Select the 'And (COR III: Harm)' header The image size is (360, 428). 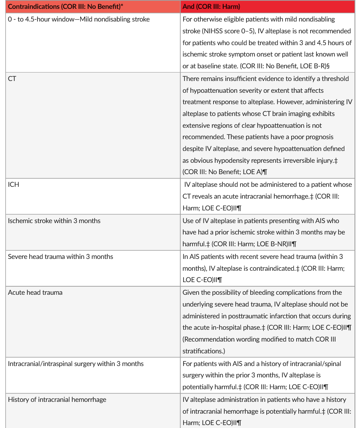211,7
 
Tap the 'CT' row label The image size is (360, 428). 12,79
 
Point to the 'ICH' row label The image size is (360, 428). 14,185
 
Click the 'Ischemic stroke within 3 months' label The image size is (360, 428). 54,221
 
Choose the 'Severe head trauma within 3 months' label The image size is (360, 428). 60,256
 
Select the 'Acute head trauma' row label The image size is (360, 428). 35,292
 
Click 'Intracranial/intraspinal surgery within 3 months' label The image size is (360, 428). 76,363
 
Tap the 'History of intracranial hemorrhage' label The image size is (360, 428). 57,399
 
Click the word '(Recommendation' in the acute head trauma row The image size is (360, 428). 208,339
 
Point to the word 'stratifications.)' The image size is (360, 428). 202,351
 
